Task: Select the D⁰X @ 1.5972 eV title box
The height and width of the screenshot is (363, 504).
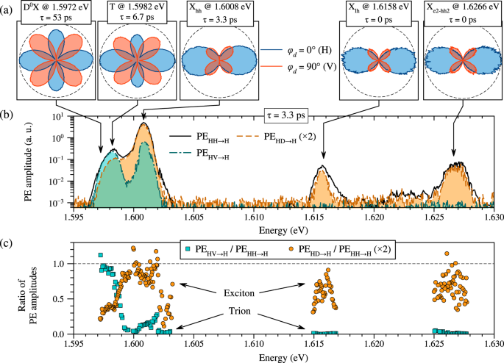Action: pos(57,14)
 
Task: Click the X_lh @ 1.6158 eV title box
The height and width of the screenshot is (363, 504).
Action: pos(375,14)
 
